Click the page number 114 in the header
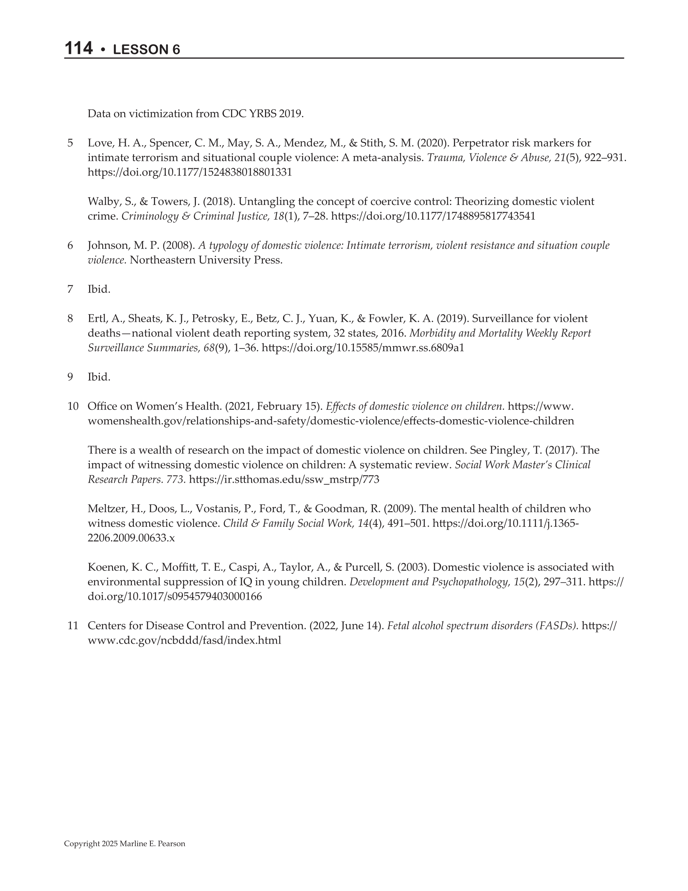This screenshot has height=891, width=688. click(x=78, y=48)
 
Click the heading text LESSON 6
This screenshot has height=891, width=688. click(x=146, y=50)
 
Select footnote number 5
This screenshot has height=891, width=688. click(x=70, y=143)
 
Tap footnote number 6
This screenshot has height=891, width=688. click(x=70, y=245)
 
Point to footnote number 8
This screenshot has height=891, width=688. click(x=70, y=319)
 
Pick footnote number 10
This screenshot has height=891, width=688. click(x=73, y=406)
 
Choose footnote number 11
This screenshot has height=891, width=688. click(x=73, y=626)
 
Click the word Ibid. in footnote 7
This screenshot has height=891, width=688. click(x=99, y=290)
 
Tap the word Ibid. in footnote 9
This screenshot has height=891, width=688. click(x=99, y=377)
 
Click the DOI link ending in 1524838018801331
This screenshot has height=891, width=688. click(x=190, y=172)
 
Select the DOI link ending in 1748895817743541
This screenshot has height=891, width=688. click(x=433, y=216)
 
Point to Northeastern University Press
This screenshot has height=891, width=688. click(x=206, y=260)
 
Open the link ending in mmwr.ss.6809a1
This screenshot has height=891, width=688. click(x=363, y=348)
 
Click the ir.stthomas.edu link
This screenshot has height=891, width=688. click(x=284, y=479)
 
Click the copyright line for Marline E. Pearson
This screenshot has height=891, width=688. click(x=125, y=844)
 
